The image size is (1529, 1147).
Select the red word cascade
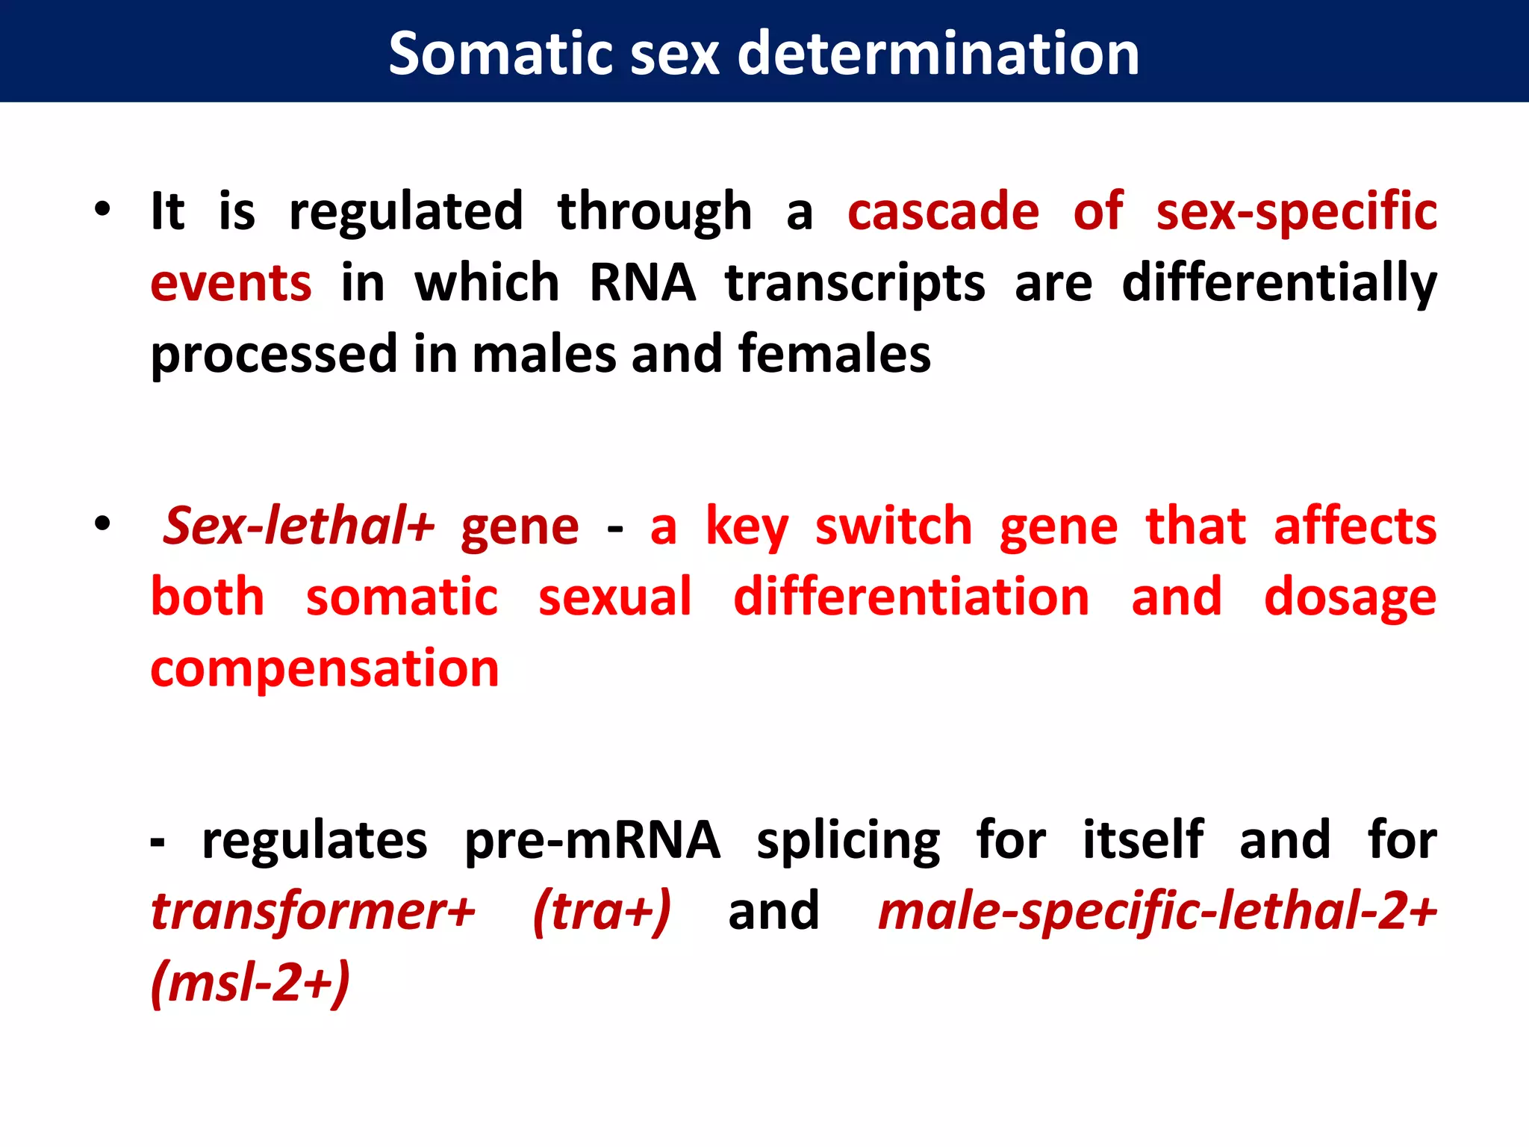[x=943, y=212]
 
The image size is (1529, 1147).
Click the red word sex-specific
[x=1296, y=212]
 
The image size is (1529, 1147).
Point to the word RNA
[x=642, y=284]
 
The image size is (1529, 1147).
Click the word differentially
[x=1279, y=284]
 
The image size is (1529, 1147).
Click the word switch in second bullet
[x=894, y=526]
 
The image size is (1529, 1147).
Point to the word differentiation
[x=911, y=597]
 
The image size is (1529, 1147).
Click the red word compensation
[x=325, y=669]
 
